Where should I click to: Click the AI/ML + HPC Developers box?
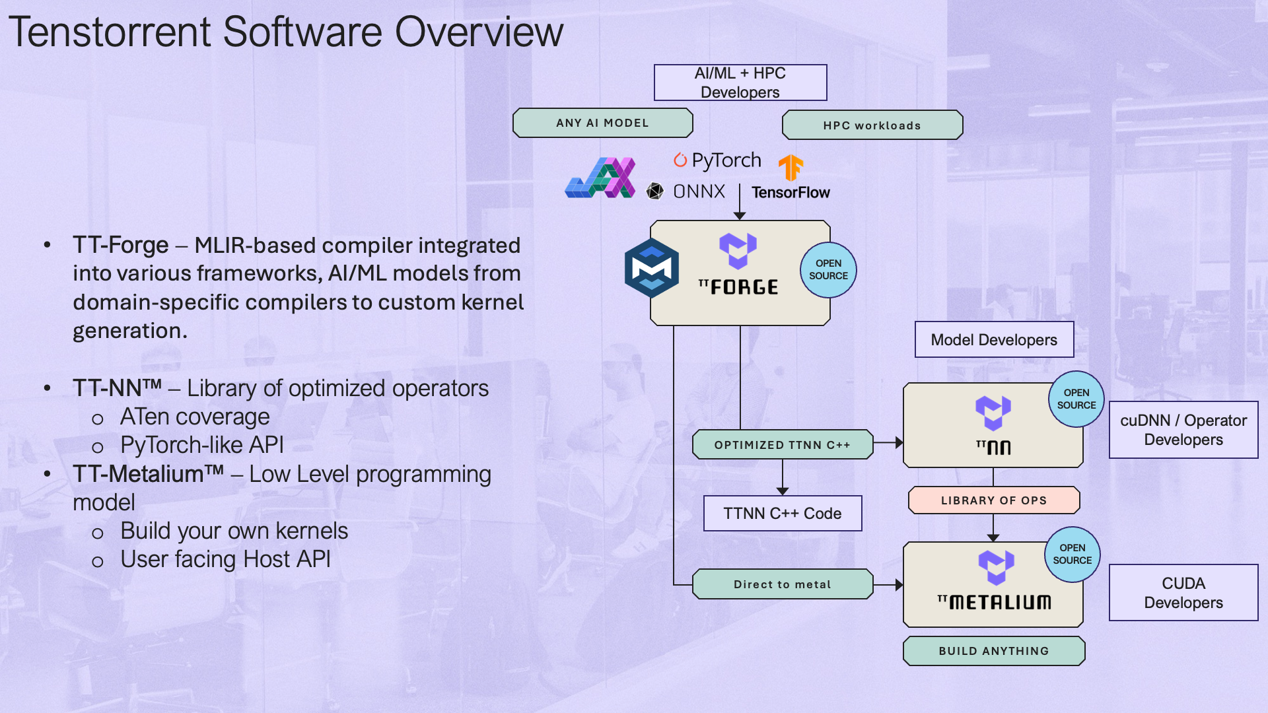pyautogui.click(x=740, y=83)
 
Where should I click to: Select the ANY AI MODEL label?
pyautogui.click(x=602, y=123)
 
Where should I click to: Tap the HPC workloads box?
pyautogui.click(x=872, y=125)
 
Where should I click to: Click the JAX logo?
pyautogui.click(x=600, y=178)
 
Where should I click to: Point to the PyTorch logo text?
pyautogui.click(x=725, y=160)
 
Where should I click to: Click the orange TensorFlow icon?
pyautogui.click(x=791, y=168)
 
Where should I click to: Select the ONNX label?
pyautogui.click(x=698, y=191)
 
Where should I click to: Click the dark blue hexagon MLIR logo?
pyautogui.click(x=652, y=268)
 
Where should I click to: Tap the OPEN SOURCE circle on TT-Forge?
pyautogui.click(x=828, y=269)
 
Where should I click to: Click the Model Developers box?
pyautogui.click(x=994, y=340)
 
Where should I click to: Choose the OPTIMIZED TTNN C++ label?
pyautogui.click(x=782, y=445)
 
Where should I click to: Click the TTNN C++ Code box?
pyautogui.click(x=782, y=514)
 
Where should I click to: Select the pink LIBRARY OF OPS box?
pyautogui.click(x=993, y=500)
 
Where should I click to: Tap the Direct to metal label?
pyautogui.click(x=782, y=584)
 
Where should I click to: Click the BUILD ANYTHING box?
pyautogui.click(x=993, y=651)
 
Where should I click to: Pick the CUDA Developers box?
pyautogui.click(x=1183, y=593)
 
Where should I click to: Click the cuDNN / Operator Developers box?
pyautogui.click(x=1183, y=430)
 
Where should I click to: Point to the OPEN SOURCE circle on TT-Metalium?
pyautogui.click(x=1072, y=554)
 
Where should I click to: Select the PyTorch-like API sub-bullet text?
pyautogui.click(x=201, y=446)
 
